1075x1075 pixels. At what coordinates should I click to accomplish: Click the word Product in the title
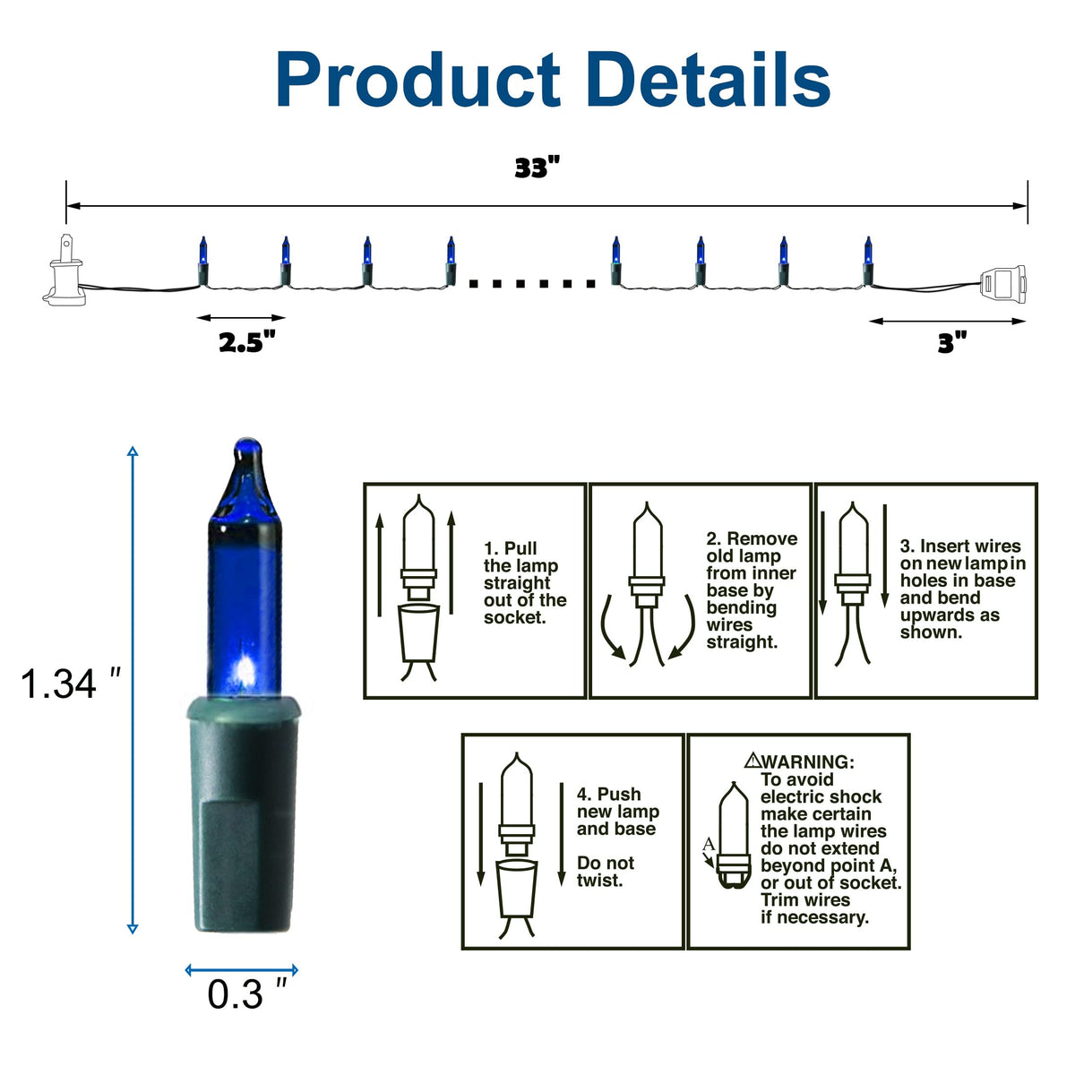tap(417, 80)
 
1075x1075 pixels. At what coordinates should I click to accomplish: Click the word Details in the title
tap(708, 79)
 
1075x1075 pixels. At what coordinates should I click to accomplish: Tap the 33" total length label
tap(537, 168)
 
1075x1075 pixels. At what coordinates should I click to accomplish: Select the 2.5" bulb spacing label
tap(247, 342)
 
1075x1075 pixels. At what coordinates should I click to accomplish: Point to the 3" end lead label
tap(951, 342)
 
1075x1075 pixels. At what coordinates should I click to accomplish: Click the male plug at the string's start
tap(64, 270)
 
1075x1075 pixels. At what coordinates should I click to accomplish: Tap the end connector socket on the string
tap(1002, 285)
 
